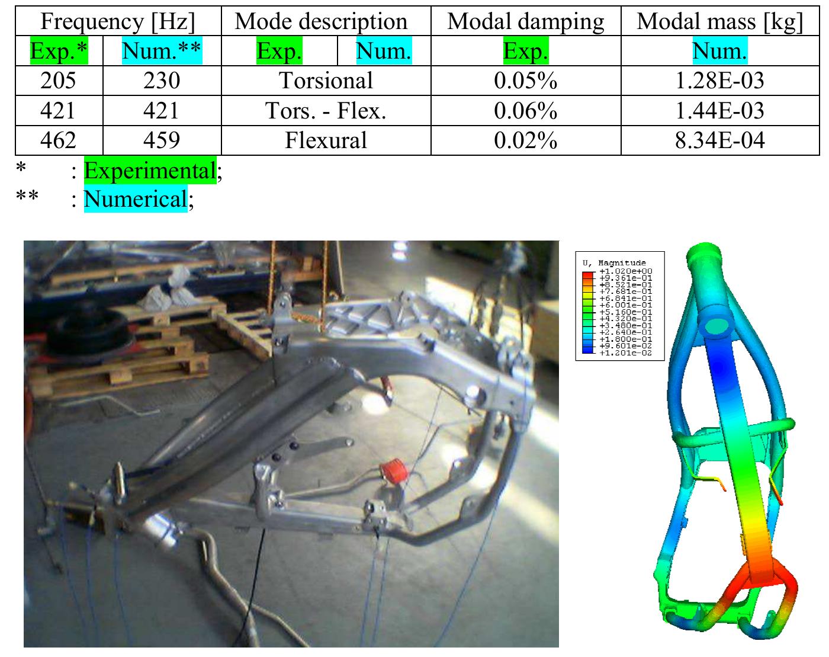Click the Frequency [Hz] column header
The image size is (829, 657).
click(x=118, y=22)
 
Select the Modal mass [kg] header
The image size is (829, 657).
click(x=719, y=22)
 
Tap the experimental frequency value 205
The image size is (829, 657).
click(x=58, y=81)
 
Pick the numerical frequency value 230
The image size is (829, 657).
click(x=162, y=81)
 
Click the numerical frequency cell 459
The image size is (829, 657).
click(x=162, y=140)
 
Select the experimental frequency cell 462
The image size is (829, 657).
click(x=58, y=140)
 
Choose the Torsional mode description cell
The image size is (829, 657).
click(x=326, y=81)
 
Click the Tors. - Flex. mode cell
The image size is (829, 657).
click(x=326, y=111)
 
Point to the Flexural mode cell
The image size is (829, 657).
click(x=326, y=140)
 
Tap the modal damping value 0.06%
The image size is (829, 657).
click(x=525, y=111)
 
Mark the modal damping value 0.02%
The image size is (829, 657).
click(x=525, y=140)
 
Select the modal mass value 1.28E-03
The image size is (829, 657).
click(x=719, y=81)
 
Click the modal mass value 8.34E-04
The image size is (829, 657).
click(x=719, y=140)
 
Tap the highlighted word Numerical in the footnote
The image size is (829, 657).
click(x=136, y=199)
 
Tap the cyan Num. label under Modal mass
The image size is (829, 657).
click(x=719, y=52)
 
